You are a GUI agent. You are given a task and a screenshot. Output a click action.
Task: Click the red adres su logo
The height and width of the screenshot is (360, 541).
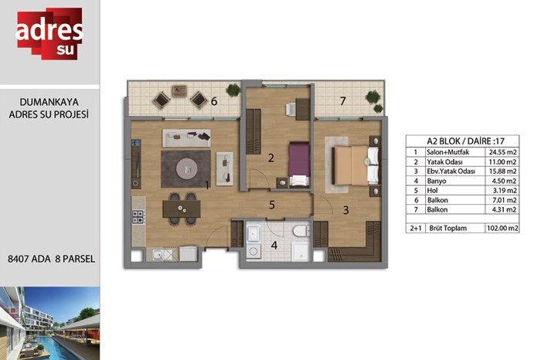49,33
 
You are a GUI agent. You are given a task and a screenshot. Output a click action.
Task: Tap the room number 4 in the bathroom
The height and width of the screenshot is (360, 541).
274,245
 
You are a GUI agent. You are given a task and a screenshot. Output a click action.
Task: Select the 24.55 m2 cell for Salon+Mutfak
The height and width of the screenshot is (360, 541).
502,152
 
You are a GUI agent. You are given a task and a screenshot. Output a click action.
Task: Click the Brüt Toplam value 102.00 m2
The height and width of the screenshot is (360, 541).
502,228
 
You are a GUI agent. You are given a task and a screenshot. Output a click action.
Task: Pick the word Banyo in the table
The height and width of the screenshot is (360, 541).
437,181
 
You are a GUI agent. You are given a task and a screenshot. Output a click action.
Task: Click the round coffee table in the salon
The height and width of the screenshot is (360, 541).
187,169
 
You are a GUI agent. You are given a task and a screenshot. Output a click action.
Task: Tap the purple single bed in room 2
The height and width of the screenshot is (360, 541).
299,164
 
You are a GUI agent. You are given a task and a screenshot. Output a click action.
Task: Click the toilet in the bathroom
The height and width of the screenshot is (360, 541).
301,231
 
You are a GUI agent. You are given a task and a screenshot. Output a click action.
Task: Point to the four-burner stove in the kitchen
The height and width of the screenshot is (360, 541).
138,216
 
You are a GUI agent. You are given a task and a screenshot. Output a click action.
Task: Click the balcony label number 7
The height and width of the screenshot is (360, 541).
342,101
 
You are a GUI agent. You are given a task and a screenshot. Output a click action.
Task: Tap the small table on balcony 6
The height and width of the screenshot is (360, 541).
179,91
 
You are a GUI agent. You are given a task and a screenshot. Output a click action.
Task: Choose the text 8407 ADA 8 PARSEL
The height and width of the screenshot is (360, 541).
52,259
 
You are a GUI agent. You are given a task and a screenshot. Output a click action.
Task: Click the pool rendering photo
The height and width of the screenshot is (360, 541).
49,323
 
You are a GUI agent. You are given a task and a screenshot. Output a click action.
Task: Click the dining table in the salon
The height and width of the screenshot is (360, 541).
182,209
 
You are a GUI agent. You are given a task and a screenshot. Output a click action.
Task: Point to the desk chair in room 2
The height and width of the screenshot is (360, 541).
291,109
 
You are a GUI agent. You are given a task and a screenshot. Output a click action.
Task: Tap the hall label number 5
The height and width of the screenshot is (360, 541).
272,205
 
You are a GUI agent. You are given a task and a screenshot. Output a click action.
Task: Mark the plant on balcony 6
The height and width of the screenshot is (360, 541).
233,90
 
